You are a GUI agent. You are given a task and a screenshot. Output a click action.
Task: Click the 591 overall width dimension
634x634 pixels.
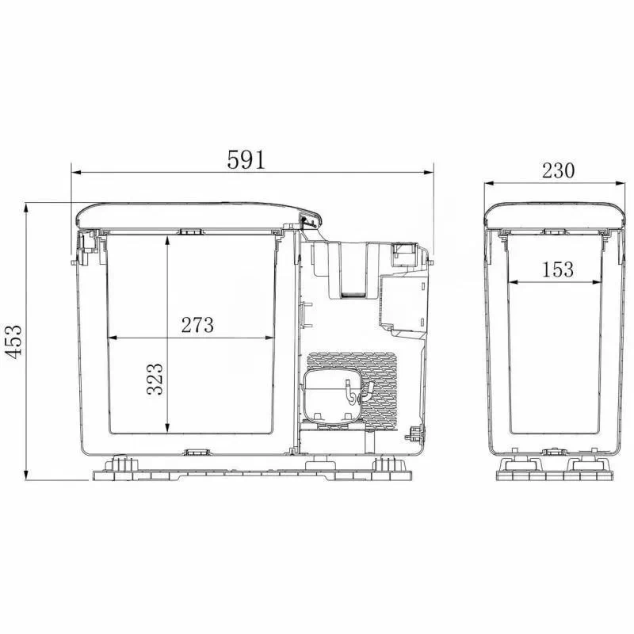click(246, 160)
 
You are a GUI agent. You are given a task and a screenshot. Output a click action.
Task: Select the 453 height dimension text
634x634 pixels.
click(13, 342)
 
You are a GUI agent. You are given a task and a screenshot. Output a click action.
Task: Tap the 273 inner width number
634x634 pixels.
click(197, 325)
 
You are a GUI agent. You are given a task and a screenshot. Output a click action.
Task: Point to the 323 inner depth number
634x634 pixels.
click(155, 379)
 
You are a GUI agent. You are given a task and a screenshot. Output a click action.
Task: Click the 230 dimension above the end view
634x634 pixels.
click(558, 170)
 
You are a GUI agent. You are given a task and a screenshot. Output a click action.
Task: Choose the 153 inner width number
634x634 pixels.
click(558, 269)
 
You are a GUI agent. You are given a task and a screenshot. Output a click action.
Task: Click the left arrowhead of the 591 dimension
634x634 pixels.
click(77, 173)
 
